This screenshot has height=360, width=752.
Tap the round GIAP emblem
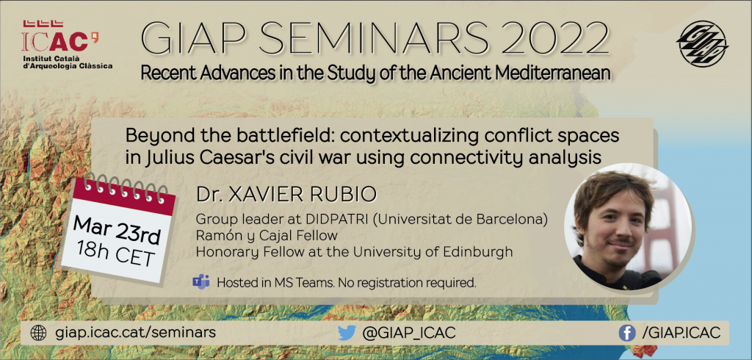point(702,43)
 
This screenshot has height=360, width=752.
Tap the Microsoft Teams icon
point(201,282)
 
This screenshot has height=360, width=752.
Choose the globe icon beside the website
point(38,333)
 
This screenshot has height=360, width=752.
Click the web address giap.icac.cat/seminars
point(135,333)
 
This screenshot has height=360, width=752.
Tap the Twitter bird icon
point(347,333)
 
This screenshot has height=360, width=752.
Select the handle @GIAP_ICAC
point(408,333)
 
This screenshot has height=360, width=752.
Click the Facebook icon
point(627,333)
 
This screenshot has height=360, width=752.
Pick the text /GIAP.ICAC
point(681,333)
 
